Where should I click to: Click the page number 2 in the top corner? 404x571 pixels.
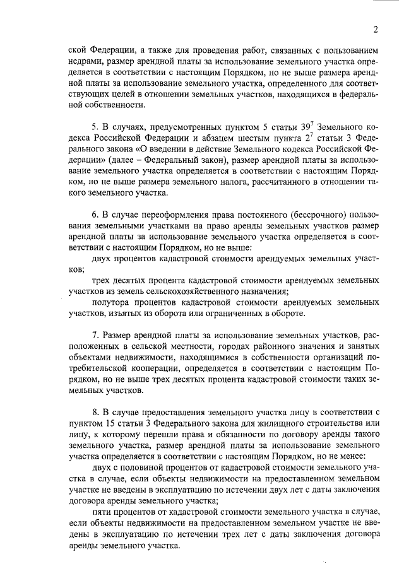click(x=375, y=29)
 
